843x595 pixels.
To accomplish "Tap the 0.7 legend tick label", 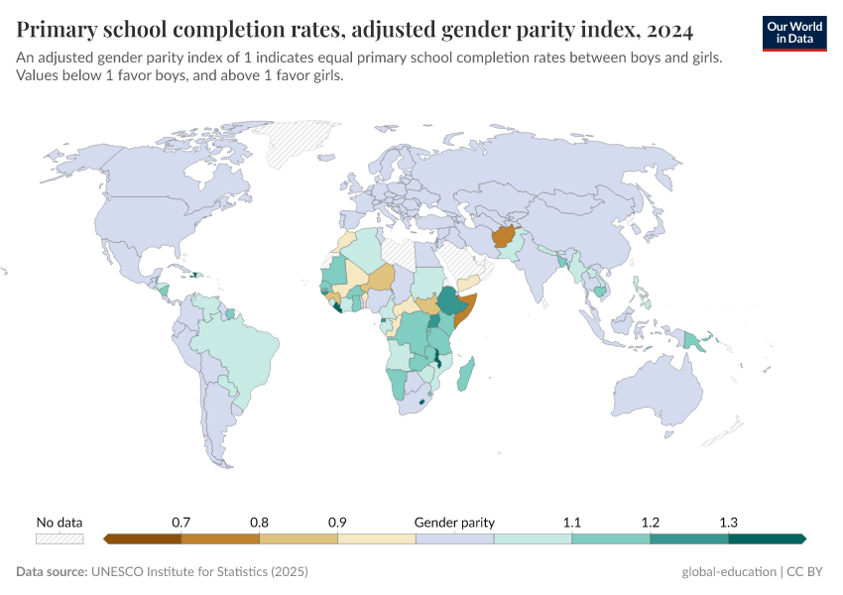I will (x=181, y=522).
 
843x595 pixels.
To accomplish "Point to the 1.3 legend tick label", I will (x=728, y=522).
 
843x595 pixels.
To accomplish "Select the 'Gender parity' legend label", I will (x=454, y=522).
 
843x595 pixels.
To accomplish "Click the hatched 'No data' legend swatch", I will (x=60, y=538).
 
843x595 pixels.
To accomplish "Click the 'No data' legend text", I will (x=60, y=522).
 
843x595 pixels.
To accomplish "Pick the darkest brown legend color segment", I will (x=142, y=538).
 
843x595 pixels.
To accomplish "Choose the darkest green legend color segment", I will (x=766, y=538).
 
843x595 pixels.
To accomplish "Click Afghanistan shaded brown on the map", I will (x=503, y=237).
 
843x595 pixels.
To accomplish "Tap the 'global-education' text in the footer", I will (x=729, y=572).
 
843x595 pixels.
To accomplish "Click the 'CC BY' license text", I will (x=806, y=572).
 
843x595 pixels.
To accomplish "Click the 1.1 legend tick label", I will (x=572, y=522).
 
